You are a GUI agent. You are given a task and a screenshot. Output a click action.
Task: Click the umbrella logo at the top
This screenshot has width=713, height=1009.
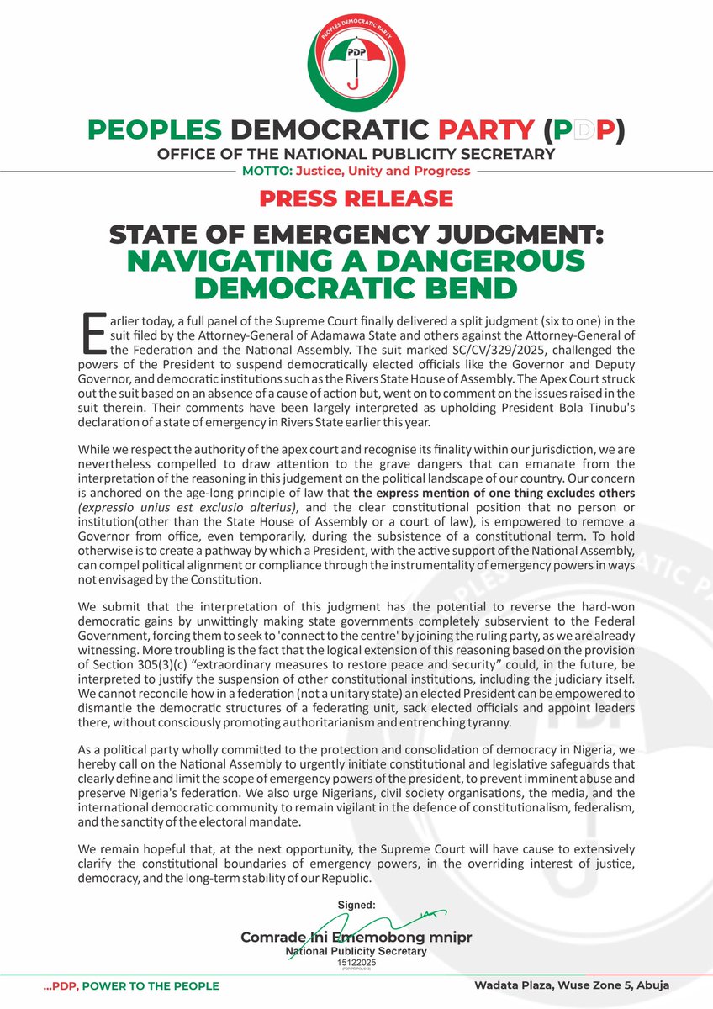click(x=356, y=61)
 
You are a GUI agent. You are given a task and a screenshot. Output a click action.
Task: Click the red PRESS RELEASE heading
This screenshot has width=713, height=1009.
click(x=356, y=198)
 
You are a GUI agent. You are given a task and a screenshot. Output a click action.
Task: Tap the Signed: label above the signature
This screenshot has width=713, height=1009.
click(x=356, y=906)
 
